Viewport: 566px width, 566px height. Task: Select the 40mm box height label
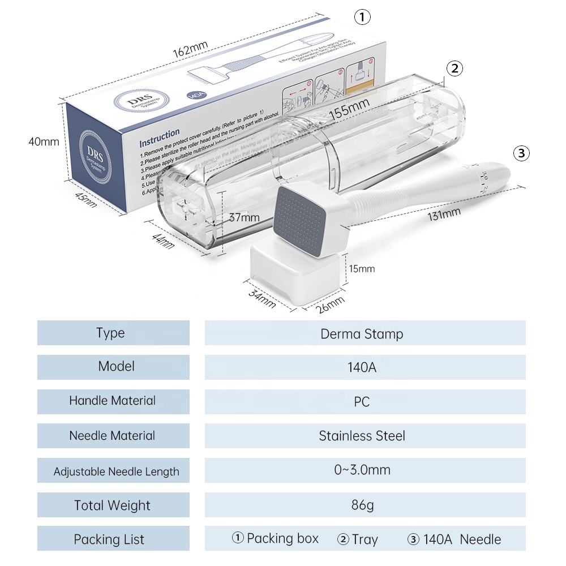click(44, 141)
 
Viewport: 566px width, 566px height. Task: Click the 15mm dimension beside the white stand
click(362, 268)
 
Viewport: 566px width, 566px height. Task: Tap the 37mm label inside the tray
click(245, 217)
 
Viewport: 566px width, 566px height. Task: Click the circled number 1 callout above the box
click(362, 17)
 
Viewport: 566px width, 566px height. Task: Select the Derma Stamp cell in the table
click(362, 333)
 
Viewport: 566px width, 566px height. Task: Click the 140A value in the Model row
click(362, 367)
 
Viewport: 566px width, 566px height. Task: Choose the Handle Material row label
click(112, 401)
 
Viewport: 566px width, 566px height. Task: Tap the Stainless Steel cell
click(362, 436)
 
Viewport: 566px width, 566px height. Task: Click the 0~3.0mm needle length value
click(362, 470)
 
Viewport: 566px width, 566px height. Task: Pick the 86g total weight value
click(362, 505)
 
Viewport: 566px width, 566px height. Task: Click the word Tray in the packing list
click(365, 539)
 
